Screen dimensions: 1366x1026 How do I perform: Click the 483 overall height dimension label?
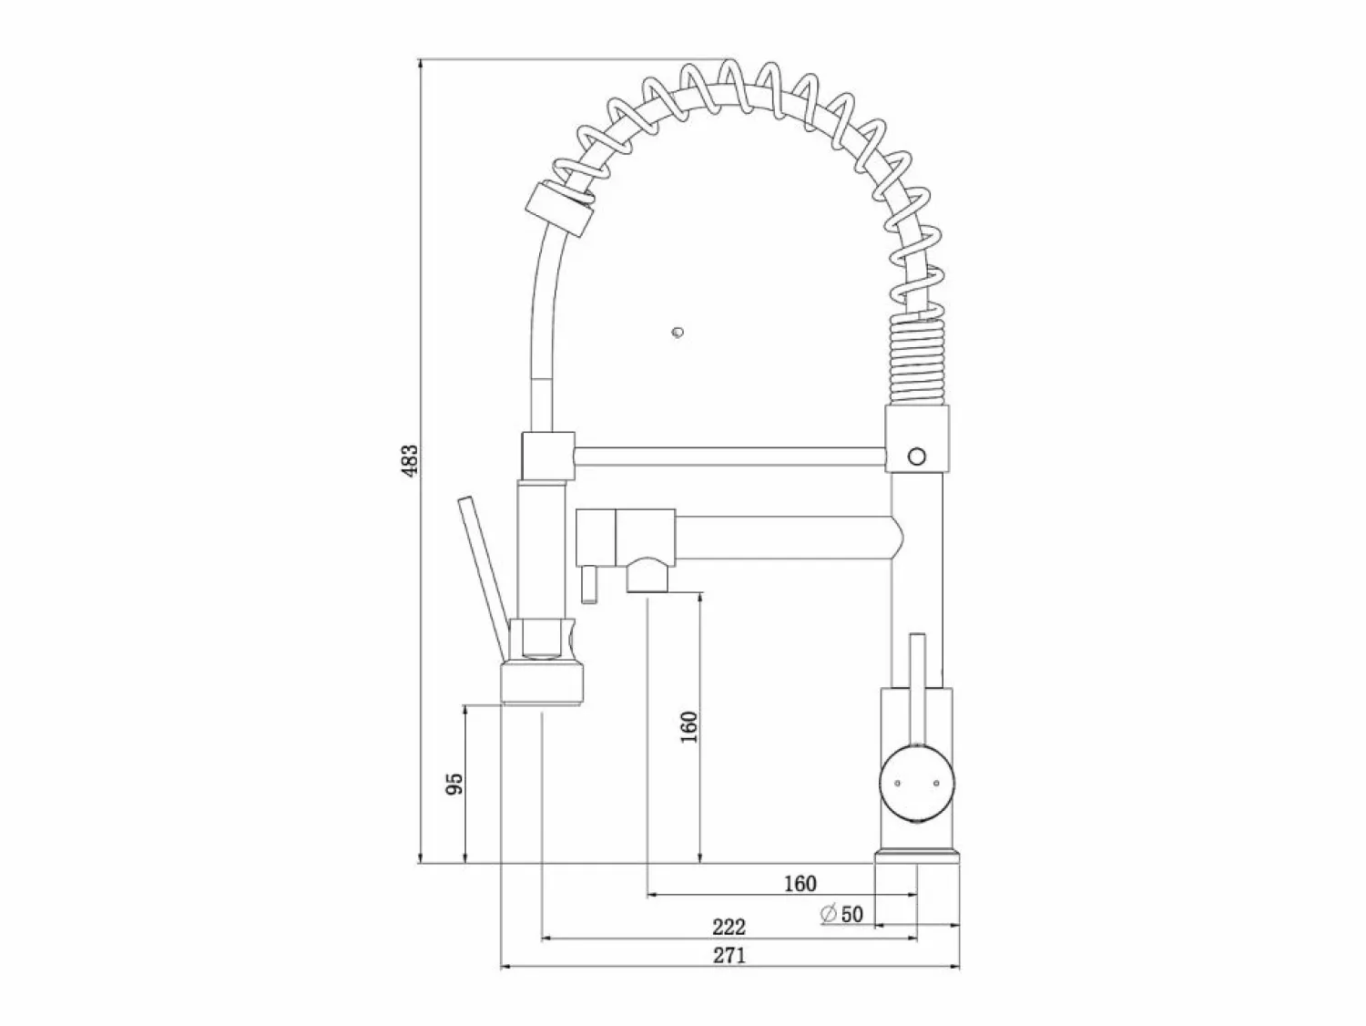[x=410, y=461]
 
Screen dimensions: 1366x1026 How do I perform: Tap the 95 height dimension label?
[x=455, y=784]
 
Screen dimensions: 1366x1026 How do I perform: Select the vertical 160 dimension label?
[x=689, y=726]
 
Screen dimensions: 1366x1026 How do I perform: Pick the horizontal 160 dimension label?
[x=800, y=884]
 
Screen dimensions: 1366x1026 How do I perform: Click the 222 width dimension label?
[x=729, y=927]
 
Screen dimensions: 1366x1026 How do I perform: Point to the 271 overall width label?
[x=729, y=955]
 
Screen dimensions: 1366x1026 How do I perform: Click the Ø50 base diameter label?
[x=842, y=914]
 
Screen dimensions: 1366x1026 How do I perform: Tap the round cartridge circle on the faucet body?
[x=917, y=785]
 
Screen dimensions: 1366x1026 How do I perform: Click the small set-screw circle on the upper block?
[x=917, y=457]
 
